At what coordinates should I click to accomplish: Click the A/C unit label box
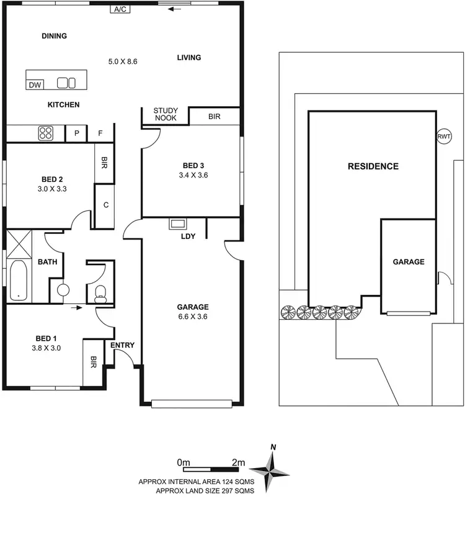pyautogui.click(x=120, y=9)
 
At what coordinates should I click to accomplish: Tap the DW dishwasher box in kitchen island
pyautogui.click(x=35, y=84)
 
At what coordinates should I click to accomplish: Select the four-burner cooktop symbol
pyautogui.click(x=46, y=133)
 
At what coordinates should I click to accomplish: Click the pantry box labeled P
pyautogui.click(x=77, y=133)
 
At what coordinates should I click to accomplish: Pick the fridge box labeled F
pyautogui.click(x=100, y=133)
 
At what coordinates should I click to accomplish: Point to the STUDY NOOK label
pyautogui.click(x=166, y=114)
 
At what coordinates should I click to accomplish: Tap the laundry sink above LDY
pyautogui.click(x=178, y=224)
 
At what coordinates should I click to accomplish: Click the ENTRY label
pyautogui.click(x=122, y=345)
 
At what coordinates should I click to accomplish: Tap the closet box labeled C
pyautogui.click(x=107, y=205)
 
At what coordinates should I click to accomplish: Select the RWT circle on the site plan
pyautogui.click(x=444, y=137)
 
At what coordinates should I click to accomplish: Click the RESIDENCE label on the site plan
pyautogui.click(x=373, y=166)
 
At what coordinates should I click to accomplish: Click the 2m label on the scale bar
pyautogui.click(x=238, y=462)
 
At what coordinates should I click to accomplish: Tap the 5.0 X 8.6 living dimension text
pyautogui.click(x=122, y=61)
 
